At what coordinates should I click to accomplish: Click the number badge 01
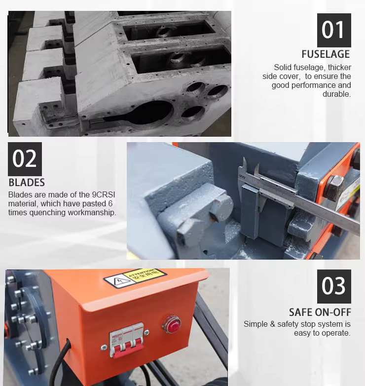(334, 30)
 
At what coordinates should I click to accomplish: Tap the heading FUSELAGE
(326, 54)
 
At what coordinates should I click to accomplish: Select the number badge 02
(25, 159)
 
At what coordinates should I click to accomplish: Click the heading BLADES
(27, 183)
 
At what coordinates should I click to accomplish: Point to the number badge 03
(334, 286)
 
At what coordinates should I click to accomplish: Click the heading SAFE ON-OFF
(320, 312)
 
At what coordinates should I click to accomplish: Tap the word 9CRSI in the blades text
(104, 194)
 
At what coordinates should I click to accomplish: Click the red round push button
(172, 324)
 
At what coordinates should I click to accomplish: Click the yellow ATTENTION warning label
(144, 275)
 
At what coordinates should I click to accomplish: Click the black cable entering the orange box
(60, 361)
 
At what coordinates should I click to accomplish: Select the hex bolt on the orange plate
(334, 187)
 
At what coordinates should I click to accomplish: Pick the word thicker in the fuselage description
(339, 67)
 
